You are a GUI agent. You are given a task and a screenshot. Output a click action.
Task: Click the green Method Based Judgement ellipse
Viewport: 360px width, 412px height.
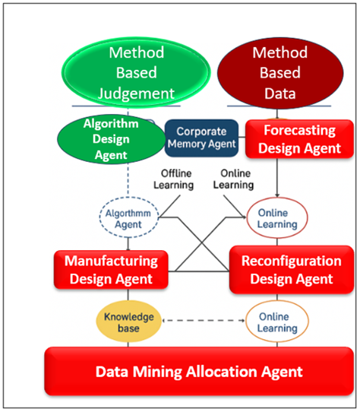tap(136, 73)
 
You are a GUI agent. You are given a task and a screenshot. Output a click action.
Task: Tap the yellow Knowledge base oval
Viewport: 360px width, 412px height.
tap(128, 322)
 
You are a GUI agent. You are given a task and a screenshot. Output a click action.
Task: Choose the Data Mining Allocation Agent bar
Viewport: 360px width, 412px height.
tap(200, 372)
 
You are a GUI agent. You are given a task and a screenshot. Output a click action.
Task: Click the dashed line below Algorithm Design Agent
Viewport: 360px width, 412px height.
tap(127, 182)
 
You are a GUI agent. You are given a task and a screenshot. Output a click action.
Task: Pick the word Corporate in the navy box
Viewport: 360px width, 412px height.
tap(202, 132)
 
